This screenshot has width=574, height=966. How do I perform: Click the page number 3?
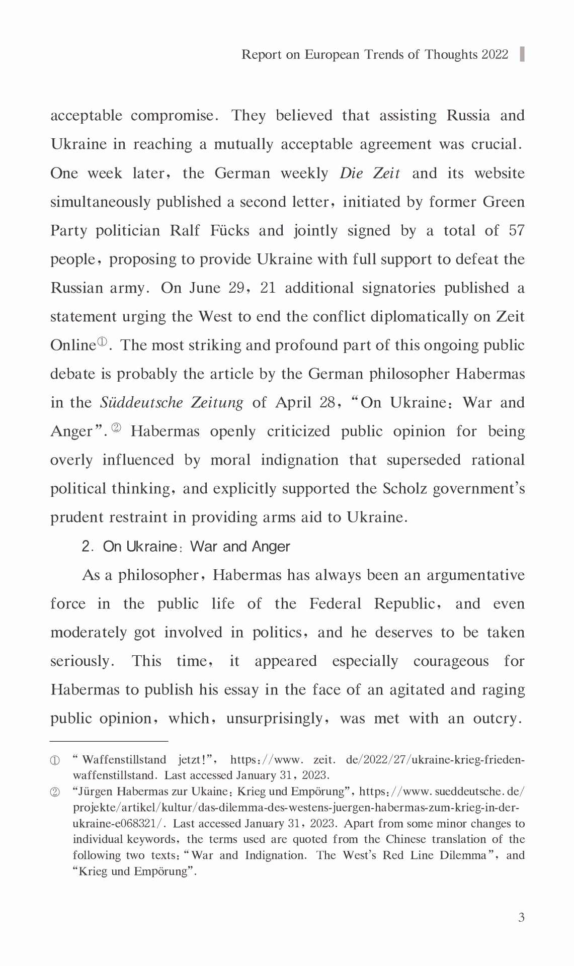pos(521,918)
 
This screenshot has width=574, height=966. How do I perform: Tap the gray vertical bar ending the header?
pos(522,54)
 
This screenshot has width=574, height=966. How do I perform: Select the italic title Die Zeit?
pos(370,173)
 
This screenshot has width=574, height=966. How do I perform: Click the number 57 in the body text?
pos(516,231)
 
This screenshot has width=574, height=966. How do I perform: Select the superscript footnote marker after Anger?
pos(116,428)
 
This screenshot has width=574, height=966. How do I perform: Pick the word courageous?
pos(451,661)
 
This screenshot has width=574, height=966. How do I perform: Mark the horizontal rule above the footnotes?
pos(109,741)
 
